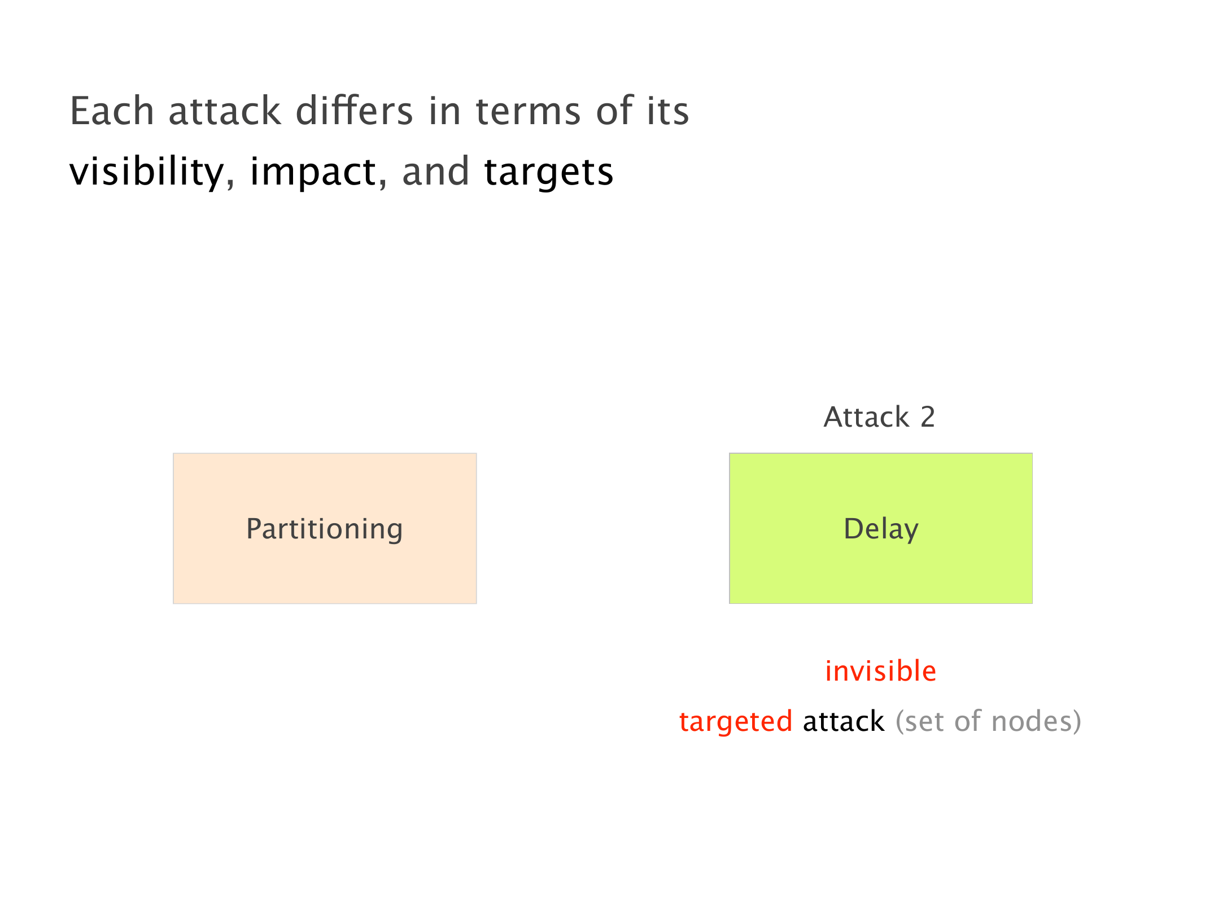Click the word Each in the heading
point(112,111)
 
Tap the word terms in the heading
point(529,112)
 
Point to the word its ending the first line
point(668,111)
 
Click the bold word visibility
point(146,172)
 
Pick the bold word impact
point(313,172)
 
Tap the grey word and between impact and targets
point(435,171)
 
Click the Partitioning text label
point(325,529)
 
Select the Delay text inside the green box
point(881,529)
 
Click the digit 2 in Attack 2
point(928,417)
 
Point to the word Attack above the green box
point(867,417)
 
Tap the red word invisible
point(881,671)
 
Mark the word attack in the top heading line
point(225,111)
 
